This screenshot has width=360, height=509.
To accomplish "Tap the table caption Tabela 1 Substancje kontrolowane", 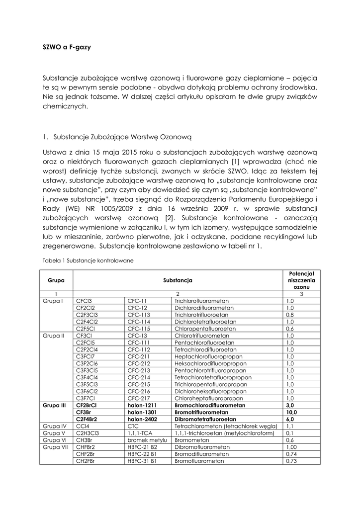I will point(88,260).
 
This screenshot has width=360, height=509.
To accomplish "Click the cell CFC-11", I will point(137,301).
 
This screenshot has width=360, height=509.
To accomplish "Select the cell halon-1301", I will point(144,413).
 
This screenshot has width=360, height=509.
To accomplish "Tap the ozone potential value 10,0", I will point(291,413).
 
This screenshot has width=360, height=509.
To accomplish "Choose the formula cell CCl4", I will point(83,426).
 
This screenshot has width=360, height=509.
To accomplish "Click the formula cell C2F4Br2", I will point(87,420).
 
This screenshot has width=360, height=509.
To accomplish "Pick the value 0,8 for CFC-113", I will point(290,315).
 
